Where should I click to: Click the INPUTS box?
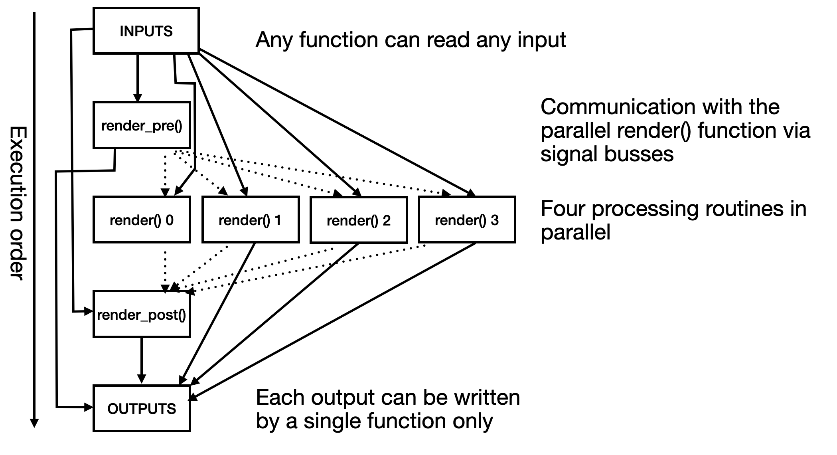(146, 31)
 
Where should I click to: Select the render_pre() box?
(142, 125)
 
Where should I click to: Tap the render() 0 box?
(142, 220)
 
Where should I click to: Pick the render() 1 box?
(250, 220)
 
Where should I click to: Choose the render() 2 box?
(359, 220)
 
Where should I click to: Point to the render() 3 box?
(467, 220)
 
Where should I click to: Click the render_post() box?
(142, 315)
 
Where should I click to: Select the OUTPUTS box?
(142, 408)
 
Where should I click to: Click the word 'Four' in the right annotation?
(563, 208)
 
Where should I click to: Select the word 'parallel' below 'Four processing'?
(575, 232)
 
